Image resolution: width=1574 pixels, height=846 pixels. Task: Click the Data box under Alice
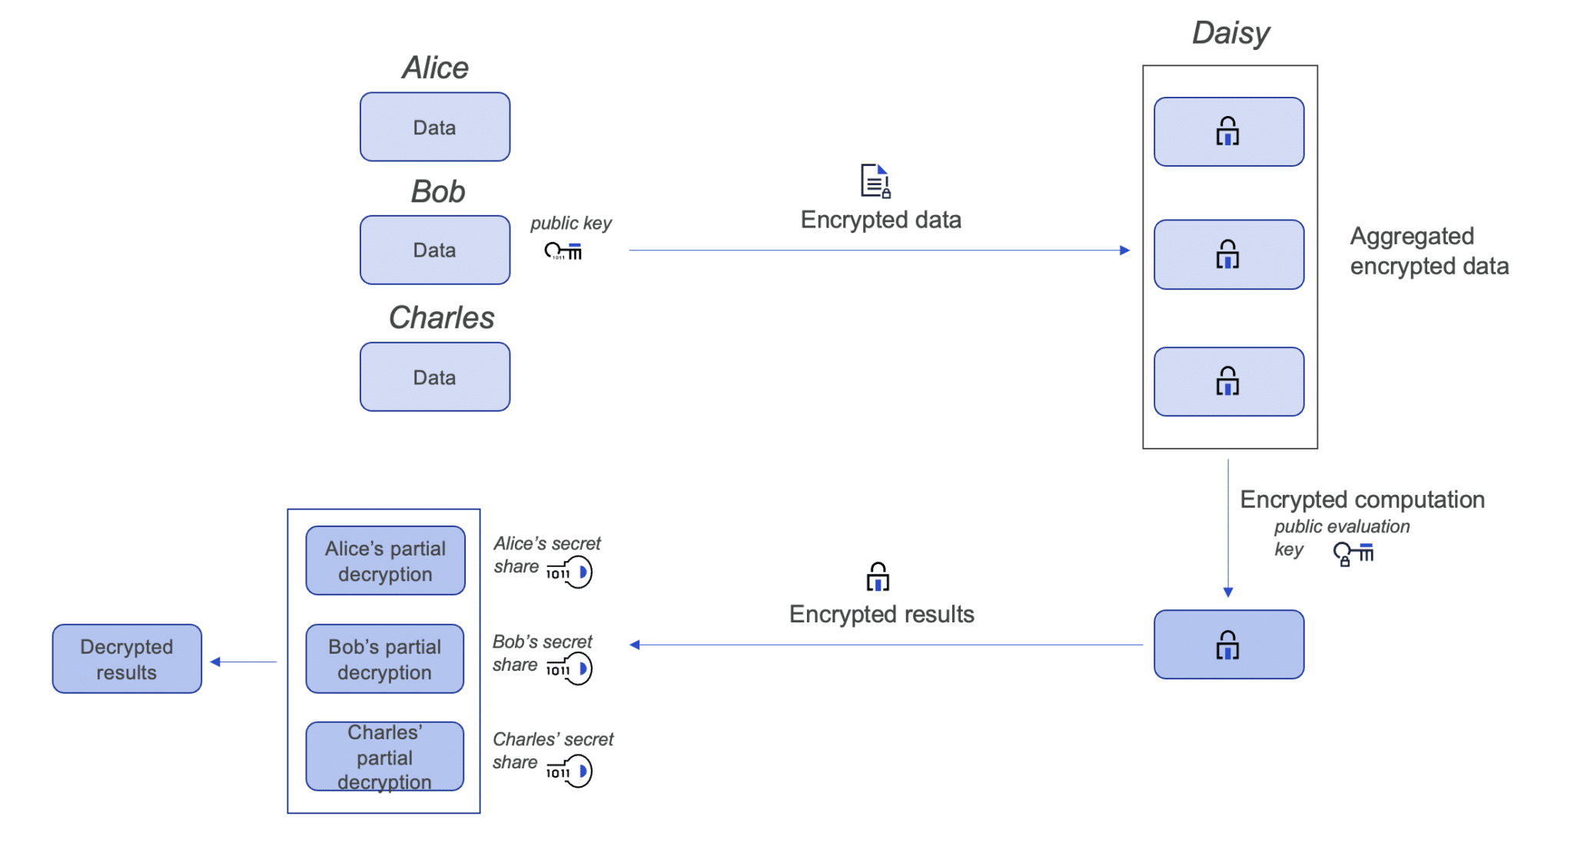tap(434, 127)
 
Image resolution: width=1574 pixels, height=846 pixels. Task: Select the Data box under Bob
tap(434, 250)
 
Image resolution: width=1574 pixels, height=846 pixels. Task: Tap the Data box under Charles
tap(434, 377)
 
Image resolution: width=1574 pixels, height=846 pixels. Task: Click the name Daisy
tap(1230, 33)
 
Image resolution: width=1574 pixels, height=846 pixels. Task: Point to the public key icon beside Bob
tap(563, 250)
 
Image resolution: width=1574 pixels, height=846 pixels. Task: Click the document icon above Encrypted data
tap(875, 181)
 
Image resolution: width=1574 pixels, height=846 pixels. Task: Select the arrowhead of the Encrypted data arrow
tap(1124, 250)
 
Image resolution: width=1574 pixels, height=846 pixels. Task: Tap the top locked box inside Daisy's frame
tap(1228, 131)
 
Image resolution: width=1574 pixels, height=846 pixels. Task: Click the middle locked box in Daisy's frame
tap(1228, 254)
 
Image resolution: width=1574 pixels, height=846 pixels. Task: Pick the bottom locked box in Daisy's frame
tap(1228, 381)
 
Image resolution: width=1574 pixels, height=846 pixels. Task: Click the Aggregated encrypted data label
tap(1428, 250)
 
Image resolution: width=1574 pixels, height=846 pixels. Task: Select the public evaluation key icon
tap(1353, 552)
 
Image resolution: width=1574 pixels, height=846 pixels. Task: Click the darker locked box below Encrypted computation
tap(1228, 644)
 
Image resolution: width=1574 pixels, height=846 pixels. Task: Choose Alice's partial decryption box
tap(385, 560)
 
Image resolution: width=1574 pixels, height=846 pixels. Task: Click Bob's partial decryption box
tap(385, 659)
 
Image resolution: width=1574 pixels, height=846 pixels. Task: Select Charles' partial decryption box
tap(385, 756)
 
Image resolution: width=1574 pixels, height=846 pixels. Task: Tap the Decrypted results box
tap(127, 659)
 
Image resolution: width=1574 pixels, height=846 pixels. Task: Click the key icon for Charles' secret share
tap(570, 771)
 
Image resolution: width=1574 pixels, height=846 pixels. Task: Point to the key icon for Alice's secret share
tap(570, 572)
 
